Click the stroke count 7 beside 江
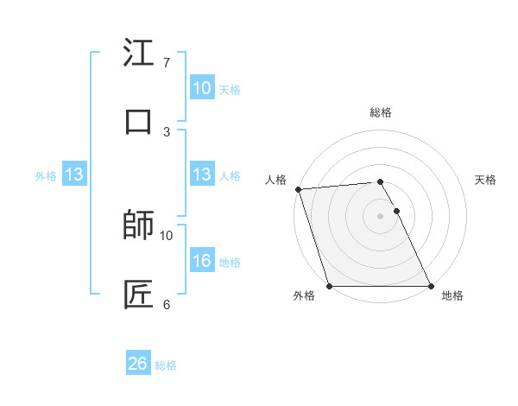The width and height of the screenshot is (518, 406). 167,63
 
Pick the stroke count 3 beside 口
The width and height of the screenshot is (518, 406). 167,131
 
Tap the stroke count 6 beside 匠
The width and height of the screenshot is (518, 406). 167,304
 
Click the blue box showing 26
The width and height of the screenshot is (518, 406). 137,364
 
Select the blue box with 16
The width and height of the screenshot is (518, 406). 201,260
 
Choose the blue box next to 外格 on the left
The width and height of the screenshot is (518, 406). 73,174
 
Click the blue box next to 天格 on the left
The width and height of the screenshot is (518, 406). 201,87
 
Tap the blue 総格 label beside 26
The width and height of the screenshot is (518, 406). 166,365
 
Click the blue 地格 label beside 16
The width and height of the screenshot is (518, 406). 230,262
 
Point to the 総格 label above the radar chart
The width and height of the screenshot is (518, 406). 381,112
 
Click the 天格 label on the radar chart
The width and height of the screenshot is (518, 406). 486,180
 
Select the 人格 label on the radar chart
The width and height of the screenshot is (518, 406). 275,180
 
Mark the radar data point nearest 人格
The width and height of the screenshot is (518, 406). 298,189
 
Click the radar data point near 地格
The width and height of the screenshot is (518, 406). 431,286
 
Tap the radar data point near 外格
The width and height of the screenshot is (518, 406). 329,286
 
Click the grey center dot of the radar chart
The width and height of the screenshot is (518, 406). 380,216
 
